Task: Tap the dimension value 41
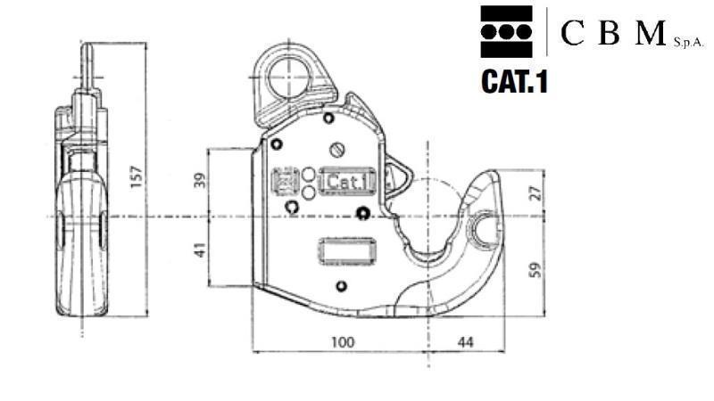(x=200, y=251)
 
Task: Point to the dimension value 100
(x=342, y=341)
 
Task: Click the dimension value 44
(x=466, y=341)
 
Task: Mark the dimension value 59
(x=535, y=270)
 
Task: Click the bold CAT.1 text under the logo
(x=513, y=82)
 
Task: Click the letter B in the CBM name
(x=609, y=33)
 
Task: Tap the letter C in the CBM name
(x=572, y=33)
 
